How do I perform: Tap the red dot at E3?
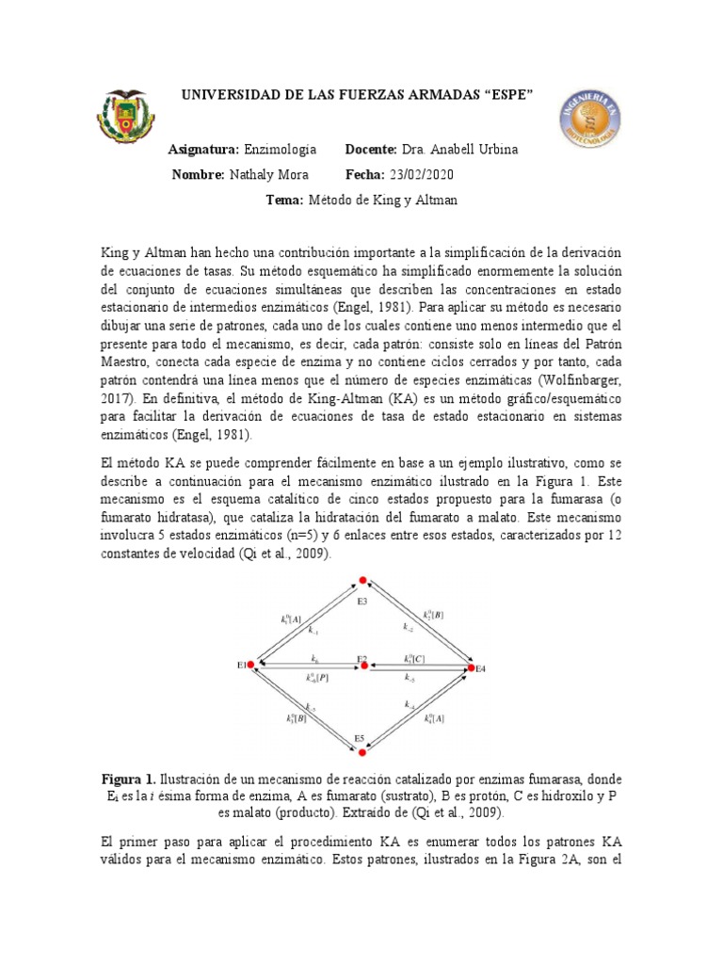(361, 584)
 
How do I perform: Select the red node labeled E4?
(471, 667)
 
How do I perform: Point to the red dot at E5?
(361, 751)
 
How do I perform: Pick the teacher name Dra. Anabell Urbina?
(459, 150)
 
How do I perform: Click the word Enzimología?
(280, 150)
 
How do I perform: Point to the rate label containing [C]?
(414, 658)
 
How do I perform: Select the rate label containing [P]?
(316, 677)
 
